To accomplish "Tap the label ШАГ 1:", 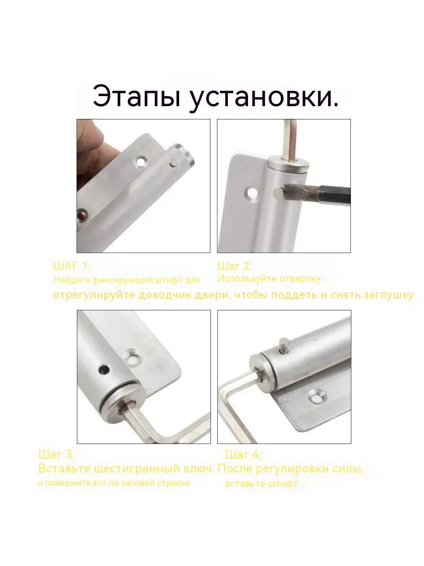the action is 72,267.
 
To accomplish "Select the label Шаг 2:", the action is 234,267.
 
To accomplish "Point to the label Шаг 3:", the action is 56,454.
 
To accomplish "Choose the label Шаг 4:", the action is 243,454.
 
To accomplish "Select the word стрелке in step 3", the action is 176,483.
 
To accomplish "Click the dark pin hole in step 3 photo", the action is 104,369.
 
